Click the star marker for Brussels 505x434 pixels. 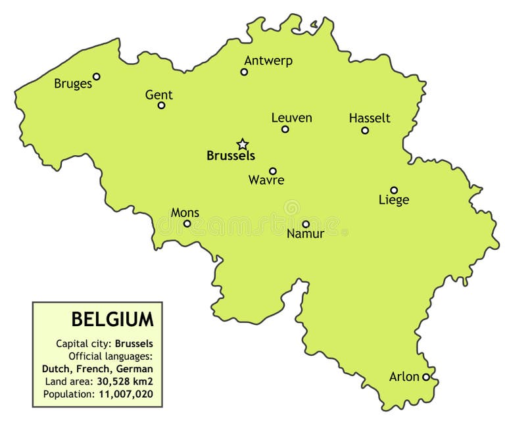[x=243, y=144]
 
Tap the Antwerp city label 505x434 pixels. [x=268, y=60]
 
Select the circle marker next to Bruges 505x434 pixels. [x=97, y=76]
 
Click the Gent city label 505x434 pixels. [x=159, y=95]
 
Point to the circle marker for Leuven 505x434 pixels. [x=285, y=129]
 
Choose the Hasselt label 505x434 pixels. [x=370, y=118]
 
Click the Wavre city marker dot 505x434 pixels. [x=273, y=171]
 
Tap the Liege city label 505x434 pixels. [x=394, y=200]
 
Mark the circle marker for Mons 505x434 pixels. [x=187, y=224]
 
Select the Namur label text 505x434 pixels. [x=306, y=234]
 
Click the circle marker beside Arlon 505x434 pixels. [x=426, y=377]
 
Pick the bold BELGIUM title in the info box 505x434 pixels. [x=112, y=320]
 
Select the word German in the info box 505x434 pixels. [x=135, y=369]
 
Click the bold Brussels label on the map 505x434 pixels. [x=231, y=157]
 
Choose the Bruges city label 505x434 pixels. [x=73, y=84]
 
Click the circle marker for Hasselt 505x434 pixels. [x=365, y=130]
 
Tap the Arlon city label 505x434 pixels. [x=404, y=377]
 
